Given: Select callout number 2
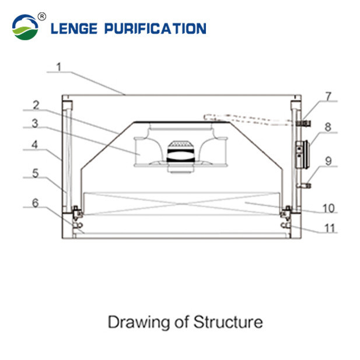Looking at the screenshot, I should (x=36, y=105).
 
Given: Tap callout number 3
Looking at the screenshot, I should (x=36, y=124).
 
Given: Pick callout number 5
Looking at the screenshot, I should (x=36, y=173).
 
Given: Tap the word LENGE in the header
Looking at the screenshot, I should (x=74, y=28).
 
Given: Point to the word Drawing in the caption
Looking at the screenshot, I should (x=134, y=322).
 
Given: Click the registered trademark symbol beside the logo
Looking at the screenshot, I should (x=41, y=15).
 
